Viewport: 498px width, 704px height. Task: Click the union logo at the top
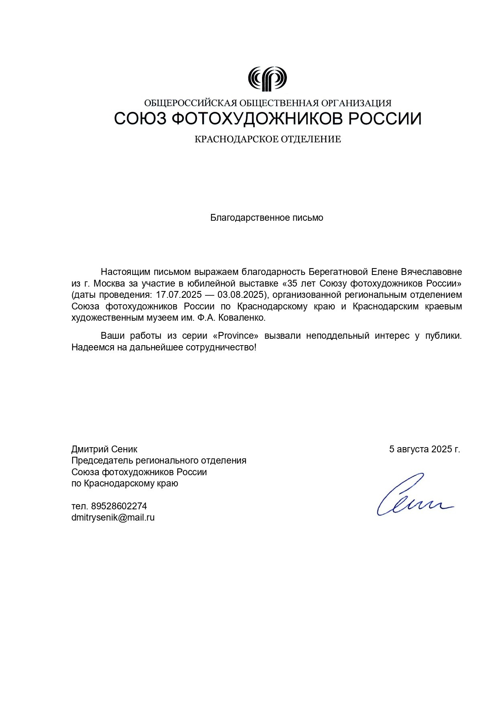pyautogui.click(x=267, y=79)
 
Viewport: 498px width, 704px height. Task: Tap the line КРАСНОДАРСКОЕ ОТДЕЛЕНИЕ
pyautogui.click(x=268, y=139)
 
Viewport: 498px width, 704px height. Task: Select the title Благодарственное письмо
pyautogui.click(x=266, y=218)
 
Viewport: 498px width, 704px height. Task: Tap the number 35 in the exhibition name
pyautogui.click(x=293, y=283)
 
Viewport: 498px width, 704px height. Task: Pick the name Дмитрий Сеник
pyautogui.click(x=104, y=449)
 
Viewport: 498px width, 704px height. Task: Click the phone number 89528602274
pyautogui.click(x=119, y=506)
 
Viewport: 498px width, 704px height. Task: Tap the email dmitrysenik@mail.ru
pyautogui.click(x=113, y=517)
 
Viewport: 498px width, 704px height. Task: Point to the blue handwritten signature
pyautogui.click(x=413, y=496)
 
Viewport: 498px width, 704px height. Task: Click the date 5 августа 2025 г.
pyautogui.click(x=424, y=449)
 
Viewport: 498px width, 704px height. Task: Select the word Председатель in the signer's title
pyautogui.click(x=102, y=460)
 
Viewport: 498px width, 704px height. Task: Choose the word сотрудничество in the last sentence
pyautogui.click(x=220, y=347)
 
